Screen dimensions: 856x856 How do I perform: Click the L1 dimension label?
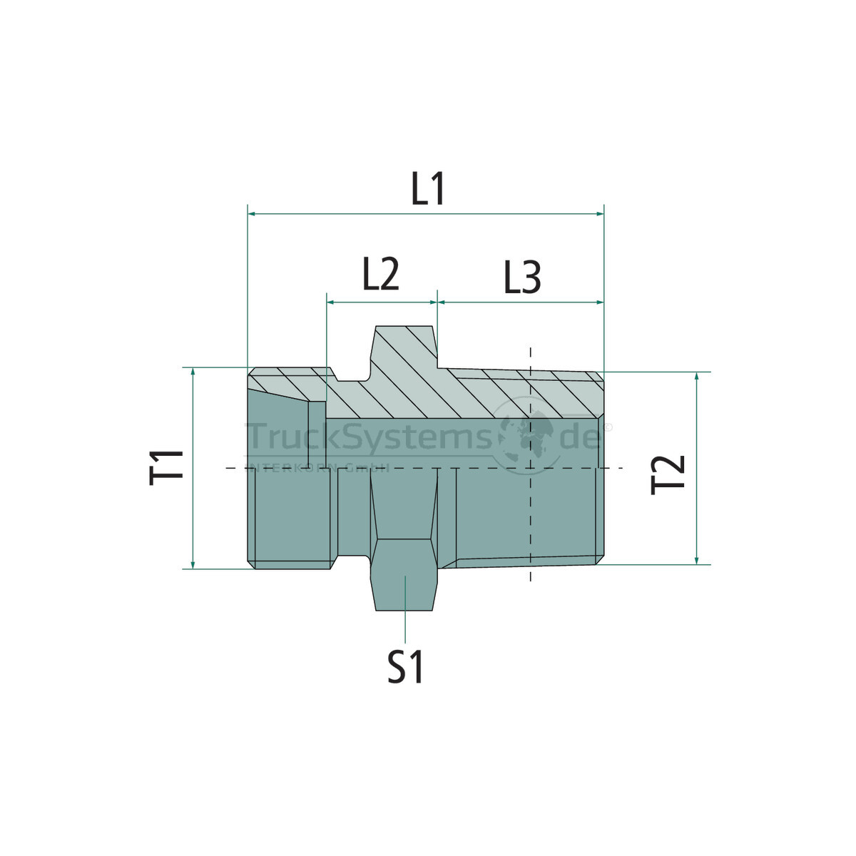pyautogui.click(x=429, y=190)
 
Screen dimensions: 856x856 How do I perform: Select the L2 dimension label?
pyautogui.click(x=380, y=275)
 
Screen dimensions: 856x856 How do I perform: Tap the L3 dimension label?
pyautogui.click(x=522, y=278)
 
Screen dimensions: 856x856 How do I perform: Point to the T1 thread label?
pyautogui.click(x=168, y=468)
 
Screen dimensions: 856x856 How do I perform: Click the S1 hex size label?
pyautogui.click(x=406, y=668)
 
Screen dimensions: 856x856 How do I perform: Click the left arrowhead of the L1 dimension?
pyautogui.click(x=252, y=213)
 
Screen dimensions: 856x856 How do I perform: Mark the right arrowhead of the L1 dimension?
pyautogui.click(x=600, y=213)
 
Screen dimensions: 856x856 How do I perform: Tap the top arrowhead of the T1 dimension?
pyautogui.click(x=193, y=372)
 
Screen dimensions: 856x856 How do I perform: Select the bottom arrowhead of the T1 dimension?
pyautogui.click(x=193, y=564)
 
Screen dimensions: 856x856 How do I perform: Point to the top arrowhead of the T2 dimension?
pyautogui.click(x=697, y=377)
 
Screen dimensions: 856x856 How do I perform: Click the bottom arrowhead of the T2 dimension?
pyautogui.click(x=697, y=560)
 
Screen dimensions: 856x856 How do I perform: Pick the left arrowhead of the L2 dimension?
pyautogui.click(x=330, y=302)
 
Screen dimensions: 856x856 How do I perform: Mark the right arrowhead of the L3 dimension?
pyautogui.click(x=600, y=302)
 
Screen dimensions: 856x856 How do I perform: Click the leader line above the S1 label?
pyautogui.click(x=404, y=613)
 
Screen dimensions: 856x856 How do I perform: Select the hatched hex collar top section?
pyautogui.click(x=404, y=350)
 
